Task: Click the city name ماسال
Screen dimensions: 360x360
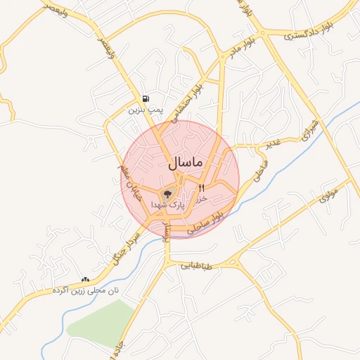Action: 185,162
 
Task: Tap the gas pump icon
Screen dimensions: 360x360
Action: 145,99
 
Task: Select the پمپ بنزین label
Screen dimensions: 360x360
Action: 145,110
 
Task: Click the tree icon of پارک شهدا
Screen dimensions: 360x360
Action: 167,194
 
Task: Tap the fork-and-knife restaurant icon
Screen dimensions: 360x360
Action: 202,188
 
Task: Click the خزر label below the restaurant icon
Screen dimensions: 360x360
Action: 202,198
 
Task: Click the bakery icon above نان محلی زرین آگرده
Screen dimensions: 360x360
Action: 86,279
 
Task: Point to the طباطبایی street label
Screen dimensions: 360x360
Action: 196,266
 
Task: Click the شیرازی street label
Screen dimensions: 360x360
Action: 309,131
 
